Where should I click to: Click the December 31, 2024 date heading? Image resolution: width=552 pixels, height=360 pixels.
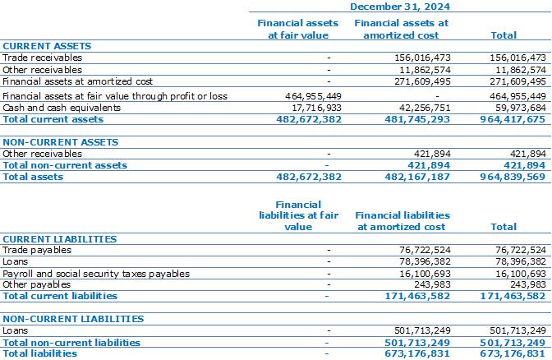[x=400, y=7]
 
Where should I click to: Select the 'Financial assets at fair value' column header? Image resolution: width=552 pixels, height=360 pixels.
[x=298, y=29]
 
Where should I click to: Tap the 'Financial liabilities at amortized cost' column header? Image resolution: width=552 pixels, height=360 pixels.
[x=402, y=221]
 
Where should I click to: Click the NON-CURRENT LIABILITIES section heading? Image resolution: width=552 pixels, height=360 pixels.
[x=73, y=319]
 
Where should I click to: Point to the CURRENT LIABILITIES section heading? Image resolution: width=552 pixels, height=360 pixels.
[x=59, y=239]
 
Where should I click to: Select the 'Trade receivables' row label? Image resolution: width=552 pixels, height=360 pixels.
[x=42, y=58]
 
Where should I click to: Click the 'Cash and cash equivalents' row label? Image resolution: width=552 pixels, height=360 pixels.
[x=62, y=108]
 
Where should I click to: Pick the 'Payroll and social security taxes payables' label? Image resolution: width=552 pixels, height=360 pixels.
[x=96, y=274]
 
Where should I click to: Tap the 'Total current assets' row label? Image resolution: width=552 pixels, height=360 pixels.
[x=53, y=119]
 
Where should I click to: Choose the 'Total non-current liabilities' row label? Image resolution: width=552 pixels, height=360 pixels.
[x=71, y=343]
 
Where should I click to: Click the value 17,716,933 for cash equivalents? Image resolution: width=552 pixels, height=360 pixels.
[x=316, y=108]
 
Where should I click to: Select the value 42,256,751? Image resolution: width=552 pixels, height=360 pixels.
[x=425, y=108]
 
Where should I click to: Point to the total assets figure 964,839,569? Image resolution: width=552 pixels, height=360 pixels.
[x=513, y=177]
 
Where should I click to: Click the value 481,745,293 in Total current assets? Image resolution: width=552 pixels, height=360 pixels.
[x=417, y=119]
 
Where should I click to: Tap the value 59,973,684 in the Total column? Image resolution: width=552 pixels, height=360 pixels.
[x=520, y=108]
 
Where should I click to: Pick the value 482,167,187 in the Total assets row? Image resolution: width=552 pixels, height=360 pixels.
[x=417, y=177]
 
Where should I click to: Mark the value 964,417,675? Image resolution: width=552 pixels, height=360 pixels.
[x=513, y=119]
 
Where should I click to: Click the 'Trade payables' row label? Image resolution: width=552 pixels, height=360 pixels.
[x=37, y=250]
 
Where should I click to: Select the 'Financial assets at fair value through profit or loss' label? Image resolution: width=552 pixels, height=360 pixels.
[x=115, y=96]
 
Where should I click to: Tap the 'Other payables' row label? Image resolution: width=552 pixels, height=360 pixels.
[x=37, y=284]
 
